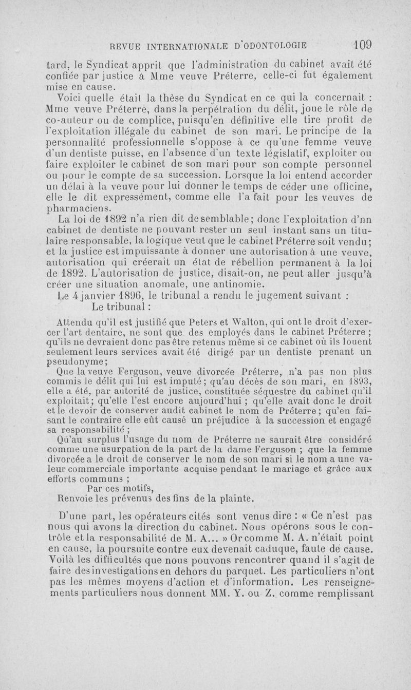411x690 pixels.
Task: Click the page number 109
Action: click(x=362, y=44)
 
